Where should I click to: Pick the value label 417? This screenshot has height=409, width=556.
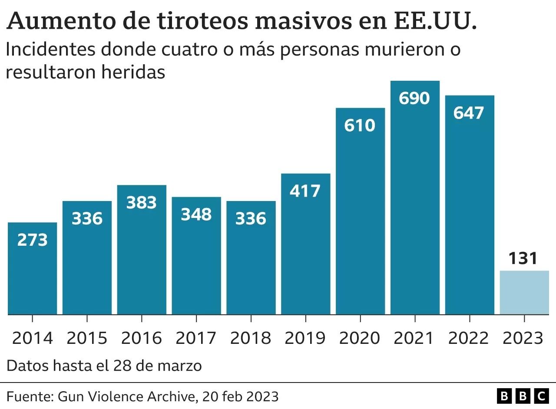pos(305,191)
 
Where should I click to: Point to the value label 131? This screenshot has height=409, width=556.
pos(523,259)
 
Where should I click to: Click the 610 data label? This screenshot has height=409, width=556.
pos(360,125)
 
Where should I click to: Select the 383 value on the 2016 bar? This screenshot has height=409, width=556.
pos(142,203)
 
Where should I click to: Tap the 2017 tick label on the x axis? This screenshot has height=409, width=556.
pos(196,338)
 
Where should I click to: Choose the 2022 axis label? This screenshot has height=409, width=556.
pos(469,338)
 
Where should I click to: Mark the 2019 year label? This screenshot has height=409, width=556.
pos(305,338)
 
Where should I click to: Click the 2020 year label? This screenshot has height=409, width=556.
pos(360,338)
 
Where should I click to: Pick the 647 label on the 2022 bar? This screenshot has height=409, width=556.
pos(469,112)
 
